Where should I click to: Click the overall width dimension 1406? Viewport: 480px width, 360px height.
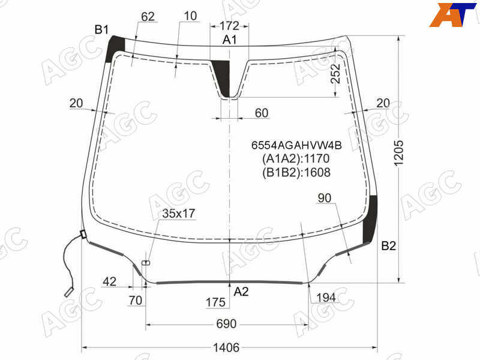[x=226, y=347]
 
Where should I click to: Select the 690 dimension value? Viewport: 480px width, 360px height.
[x=226, y=324]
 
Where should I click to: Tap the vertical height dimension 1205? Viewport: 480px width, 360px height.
[x=399, y=153]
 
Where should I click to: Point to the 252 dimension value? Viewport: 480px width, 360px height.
[x=336, y=73]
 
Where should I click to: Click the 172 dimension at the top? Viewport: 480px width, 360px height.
[x=229, y=26]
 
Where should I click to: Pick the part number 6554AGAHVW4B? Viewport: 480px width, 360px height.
[x=296, y=145]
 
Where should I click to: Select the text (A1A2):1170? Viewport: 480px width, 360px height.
[x=296, y=158]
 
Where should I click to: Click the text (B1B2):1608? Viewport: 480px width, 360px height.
[x=296, y=173]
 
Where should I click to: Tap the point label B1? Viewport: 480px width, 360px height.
[x=101, y=29]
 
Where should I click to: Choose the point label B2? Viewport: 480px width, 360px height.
[x=388, y=245]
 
